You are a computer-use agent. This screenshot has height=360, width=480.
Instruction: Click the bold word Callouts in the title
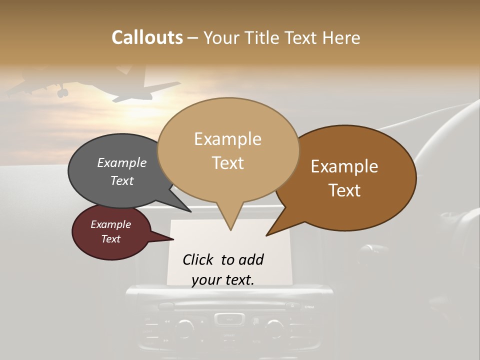[147, 37]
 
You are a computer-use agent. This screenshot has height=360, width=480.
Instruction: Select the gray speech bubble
[115, 172]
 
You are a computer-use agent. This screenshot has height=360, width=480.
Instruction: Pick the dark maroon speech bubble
[111, 232]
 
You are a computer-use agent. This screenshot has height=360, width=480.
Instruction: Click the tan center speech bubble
[228, 150]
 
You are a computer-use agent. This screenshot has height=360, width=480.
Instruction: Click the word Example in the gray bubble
[121, 163]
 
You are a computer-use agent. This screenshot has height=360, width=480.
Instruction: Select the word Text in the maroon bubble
[111, 239]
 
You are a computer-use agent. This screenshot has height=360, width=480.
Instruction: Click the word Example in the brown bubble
[344, 166]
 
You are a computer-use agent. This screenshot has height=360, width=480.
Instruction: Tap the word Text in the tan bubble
[228, 163]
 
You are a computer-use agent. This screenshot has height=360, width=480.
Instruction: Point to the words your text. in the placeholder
[223, 280]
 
